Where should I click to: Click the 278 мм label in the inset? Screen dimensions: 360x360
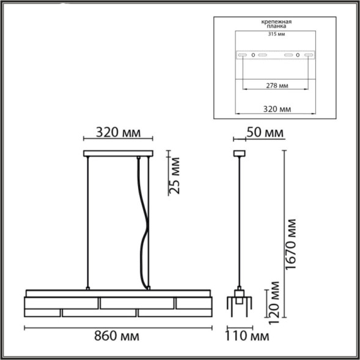(274, 87)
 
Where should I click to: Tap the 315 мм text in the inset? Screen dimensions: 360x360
(276, 34)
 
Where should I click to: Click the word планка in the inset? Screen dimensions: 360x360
(276, 28)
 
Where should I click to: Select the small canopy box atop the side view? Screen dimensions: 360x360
(240, 154)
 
